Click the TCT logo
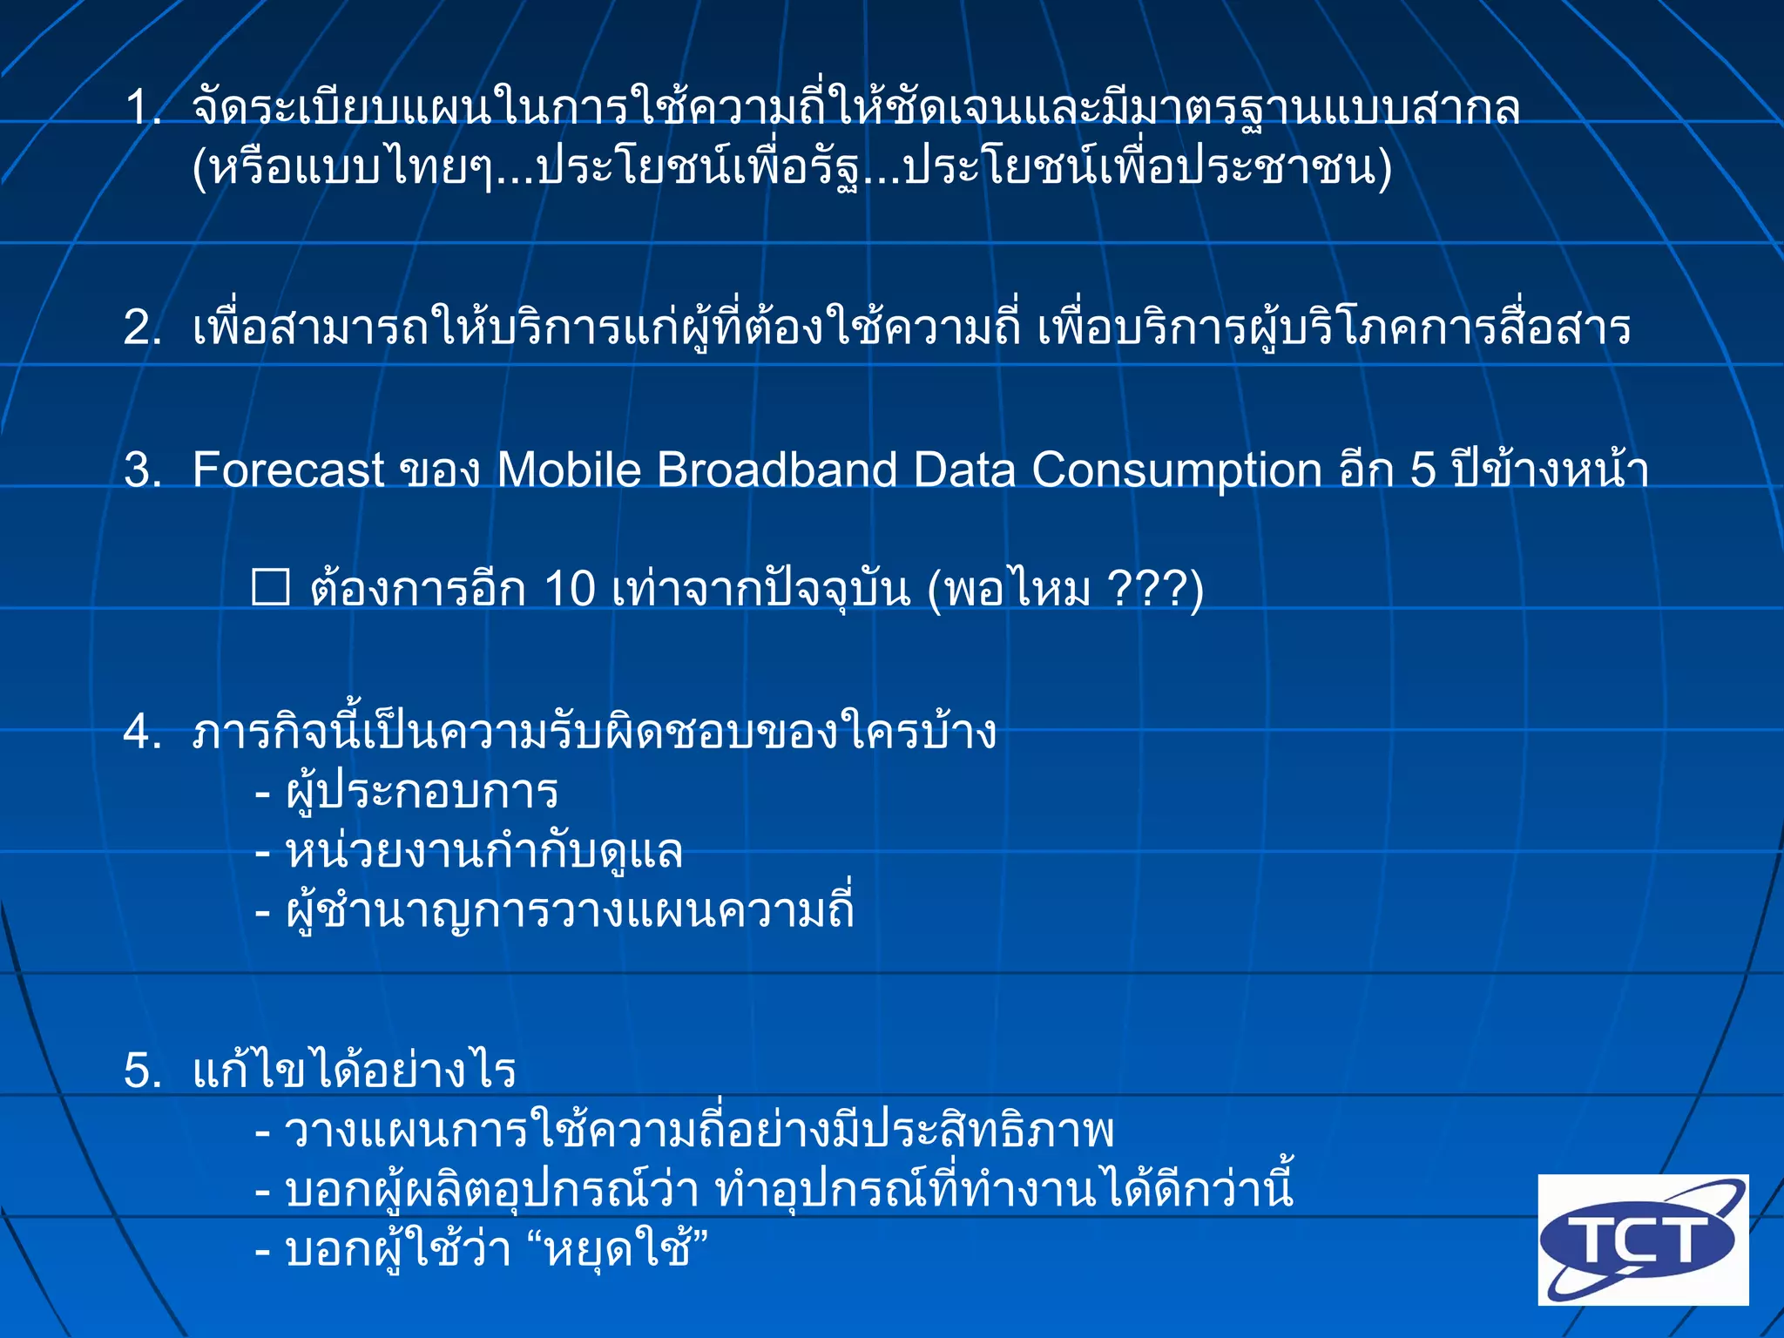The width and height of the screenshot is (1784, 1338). (1642, 1239)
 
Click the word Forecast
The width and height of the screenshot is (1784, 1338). (287, 470)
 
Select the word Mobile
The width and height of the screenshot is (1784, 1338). (568, 470)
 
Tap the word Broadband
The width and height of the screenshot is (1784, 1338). (776, 470)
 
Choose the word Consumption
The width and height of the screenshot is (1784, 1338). (1177, 470)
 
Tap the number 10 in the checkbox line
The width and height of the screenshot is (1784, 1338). (569, 589)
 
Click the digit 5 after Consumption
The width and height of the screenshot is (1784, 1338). (1422, 470)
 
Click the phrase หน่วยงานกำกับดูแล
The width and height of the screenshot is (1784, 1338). (483, 852)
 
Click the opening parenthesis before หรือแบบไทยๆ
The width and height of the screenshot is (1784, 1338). (200, 168)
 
